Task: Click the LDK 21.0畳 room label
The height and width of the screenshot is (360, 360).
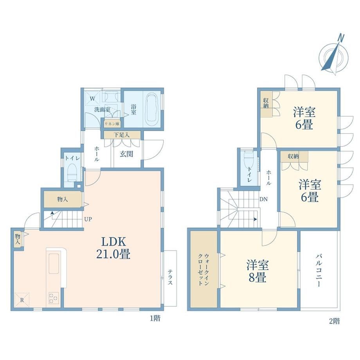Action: pos(113,248)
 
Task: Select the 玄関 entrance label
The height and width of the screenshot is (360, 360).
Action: pos(126,154)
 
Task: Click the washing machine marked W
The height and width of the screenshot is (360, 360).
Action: pos(92,99)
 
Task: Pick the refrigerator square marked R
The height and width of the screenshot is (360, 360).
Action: pos(22,300)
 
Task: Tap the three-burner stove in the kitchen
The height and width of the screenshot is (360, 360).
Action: pos(54,298)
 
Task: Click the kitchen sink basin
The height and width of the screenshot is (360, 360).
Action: pos(54,264)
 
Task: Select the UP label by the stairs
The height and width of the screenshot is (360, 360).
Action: pos(88,219)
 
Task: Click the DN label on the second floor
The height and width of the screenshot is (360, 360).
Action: pos(264,199)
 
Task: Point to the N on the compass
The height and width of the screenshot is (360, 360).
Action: pos(341,38)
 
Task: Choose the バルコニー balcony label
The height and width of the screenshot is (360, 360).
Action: pos(319,270)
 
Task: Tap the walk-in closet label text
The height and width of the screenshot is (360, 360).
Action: pos(203,269)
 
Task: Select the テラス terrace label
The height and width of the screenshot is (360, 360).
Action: pos(170,277)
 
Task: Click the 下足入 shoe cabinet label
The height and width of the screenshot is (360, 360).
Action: pos(121,135)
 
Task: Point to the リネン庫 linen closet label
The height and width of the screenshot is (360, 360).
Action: pos(112,124)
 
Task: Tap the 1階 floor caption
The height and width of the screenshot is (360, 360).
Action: pos(155,319)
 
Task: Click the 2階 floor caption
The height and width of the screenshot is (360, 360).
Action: pos(335,321)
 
